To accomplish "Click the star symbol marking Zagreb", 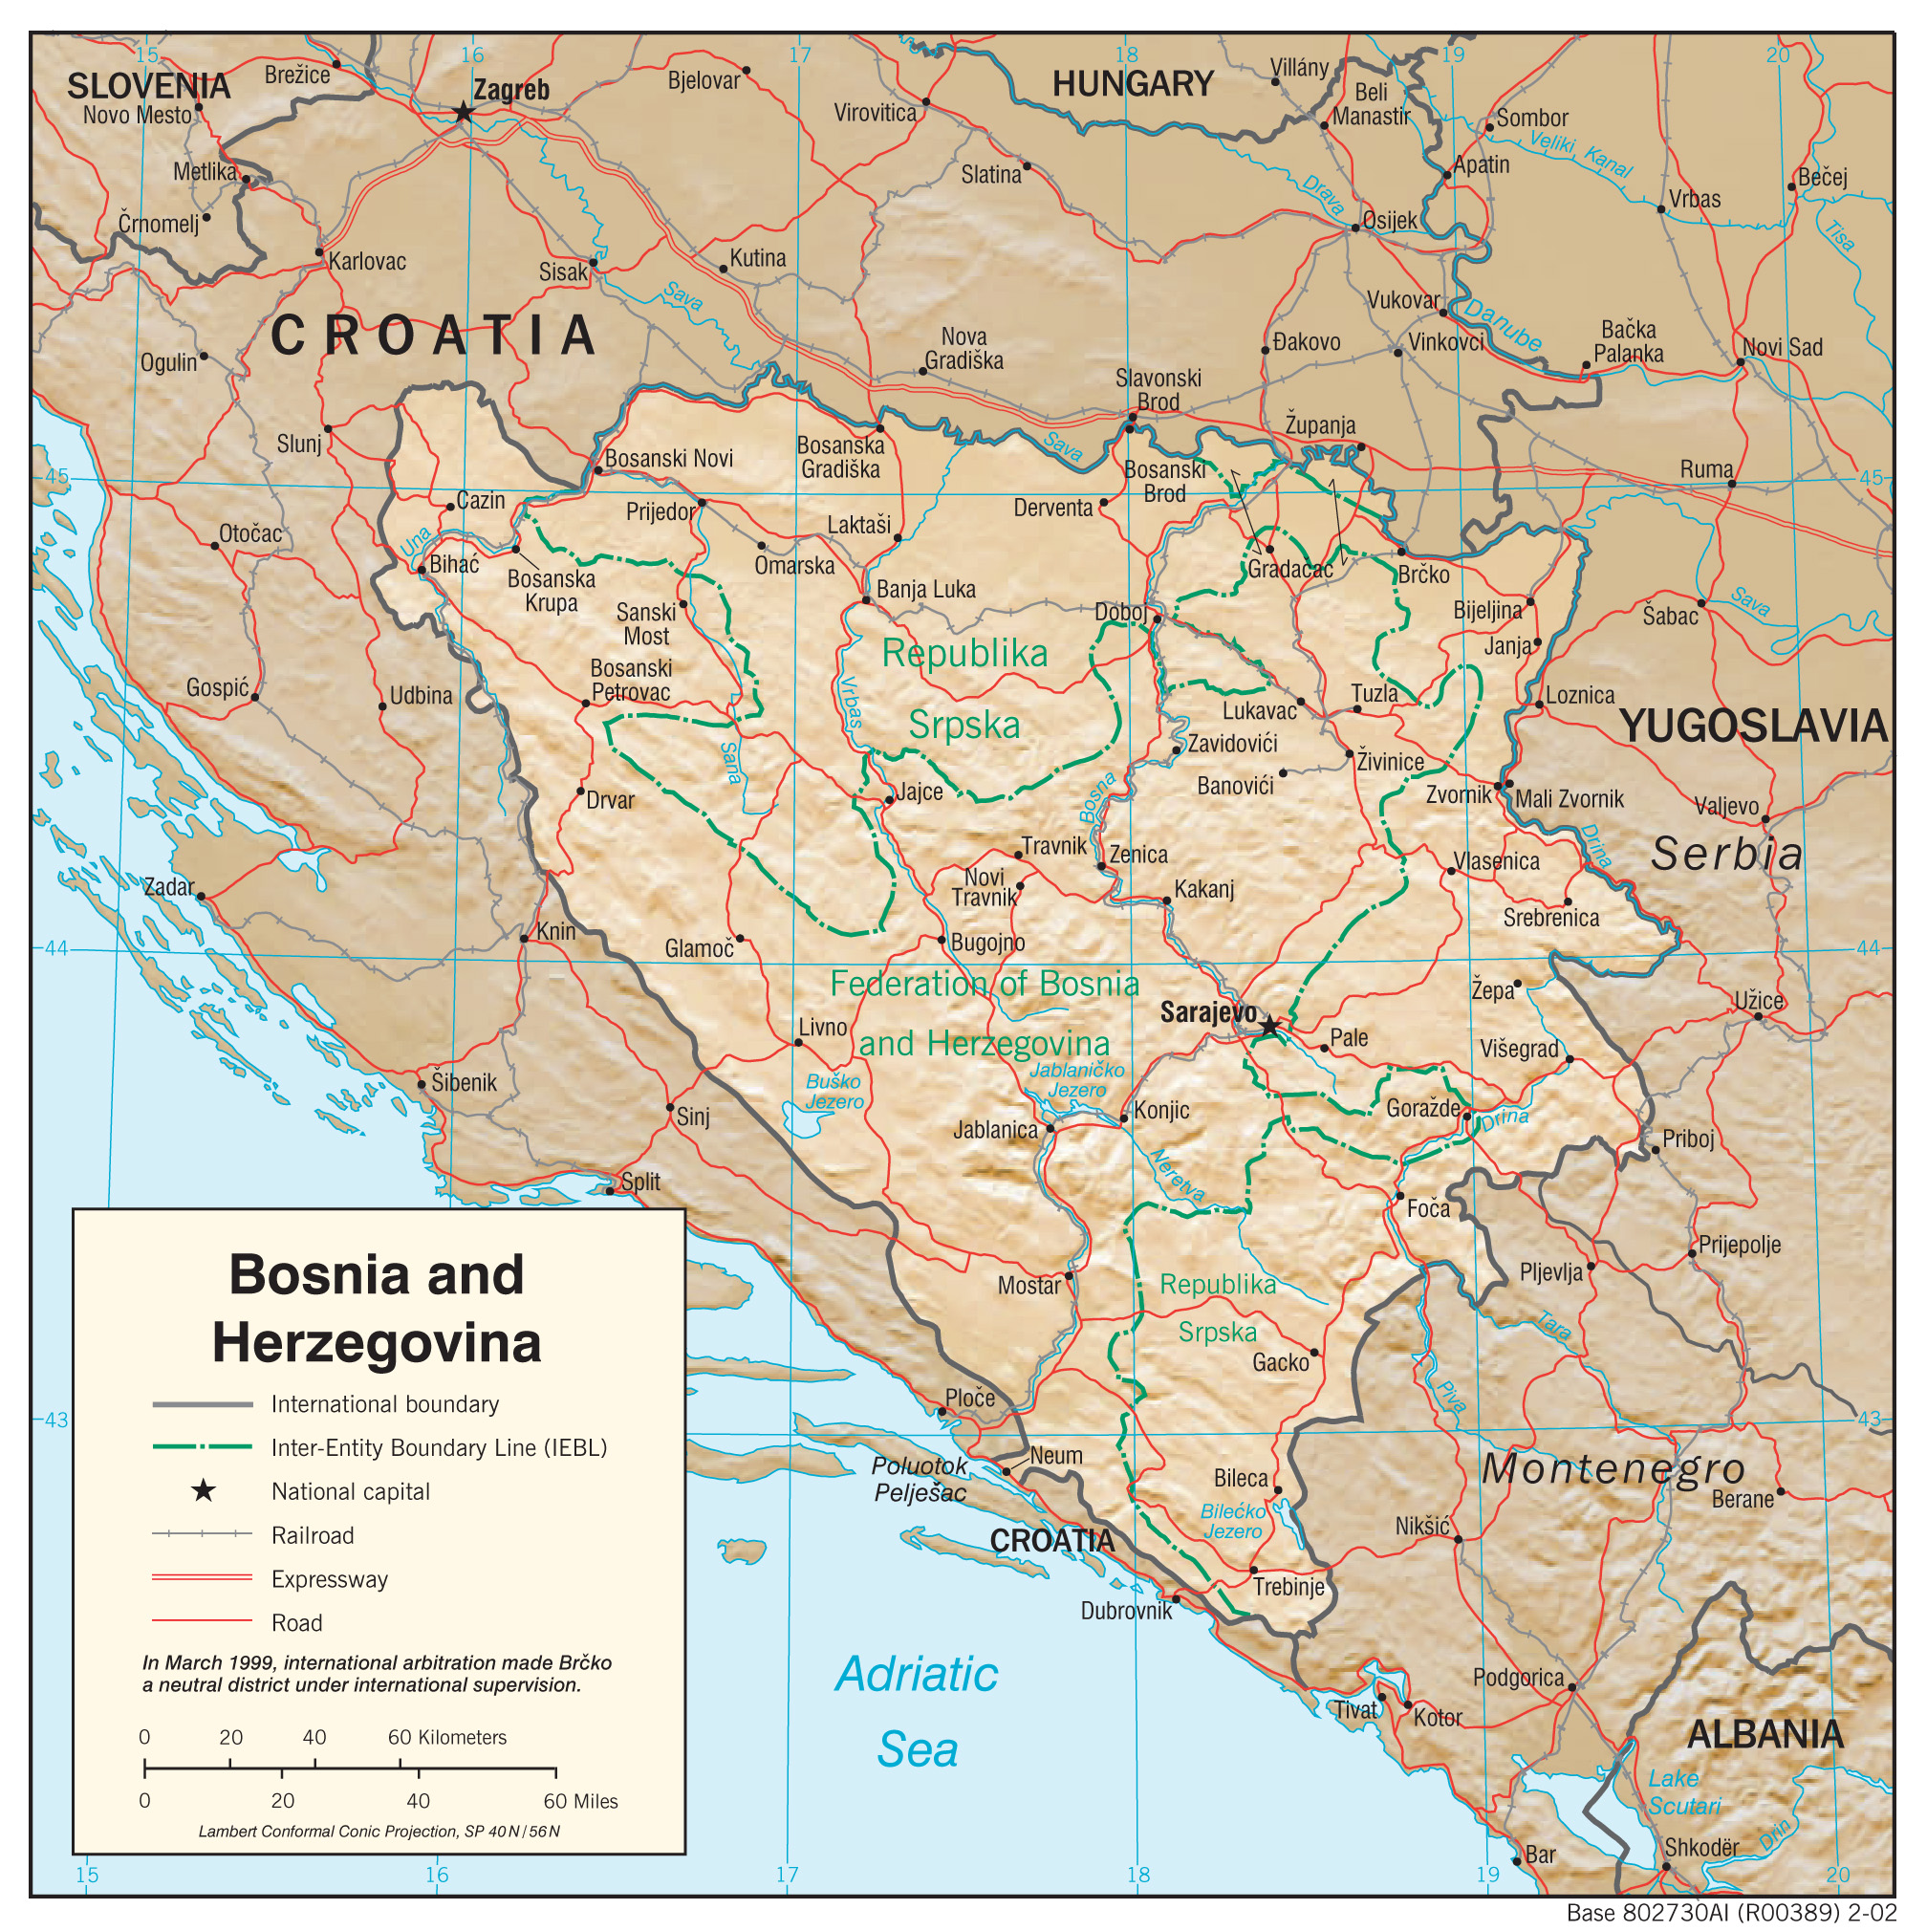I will click(x=463, y=112).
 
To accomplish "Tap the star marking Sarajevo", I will click(x=1268, y=1026).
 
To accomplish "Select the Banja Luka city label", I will click(x=924, y=590).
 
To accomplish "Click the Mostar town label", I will click(x=1028, y=1286).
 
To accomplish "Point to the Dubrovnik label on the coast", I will click(x=1125, y=1610).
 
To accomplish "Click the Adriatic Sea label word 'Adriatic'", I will click(x=916, y=1674).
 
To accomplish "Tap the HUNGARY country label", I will click(x=1133, y=84).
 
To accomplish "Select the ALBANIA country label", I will click(x=1765, y=1734).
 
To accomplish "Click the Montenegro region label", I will click(x=1613, y=1468).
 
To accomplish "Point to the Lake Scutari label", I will click(x=1684, y=1792).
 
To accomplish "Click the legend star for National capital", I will click(x=203, y=1491).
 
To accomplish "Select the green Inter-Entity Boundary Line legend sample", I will click(x=202, y=1447).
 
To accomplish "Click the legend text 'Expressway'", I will click(x=329, y=1579).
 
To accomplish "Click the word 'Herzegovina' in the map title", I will click(x=376, y=1342).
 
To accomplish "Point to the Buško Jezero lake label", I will click(x=834, y=1092).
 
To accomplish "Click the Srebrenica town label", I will click(x=1550, y=918).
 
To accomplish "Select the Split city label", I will click(x=639, y=1182).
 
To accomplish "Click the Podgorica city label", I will click(x=1517, y=1677).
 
